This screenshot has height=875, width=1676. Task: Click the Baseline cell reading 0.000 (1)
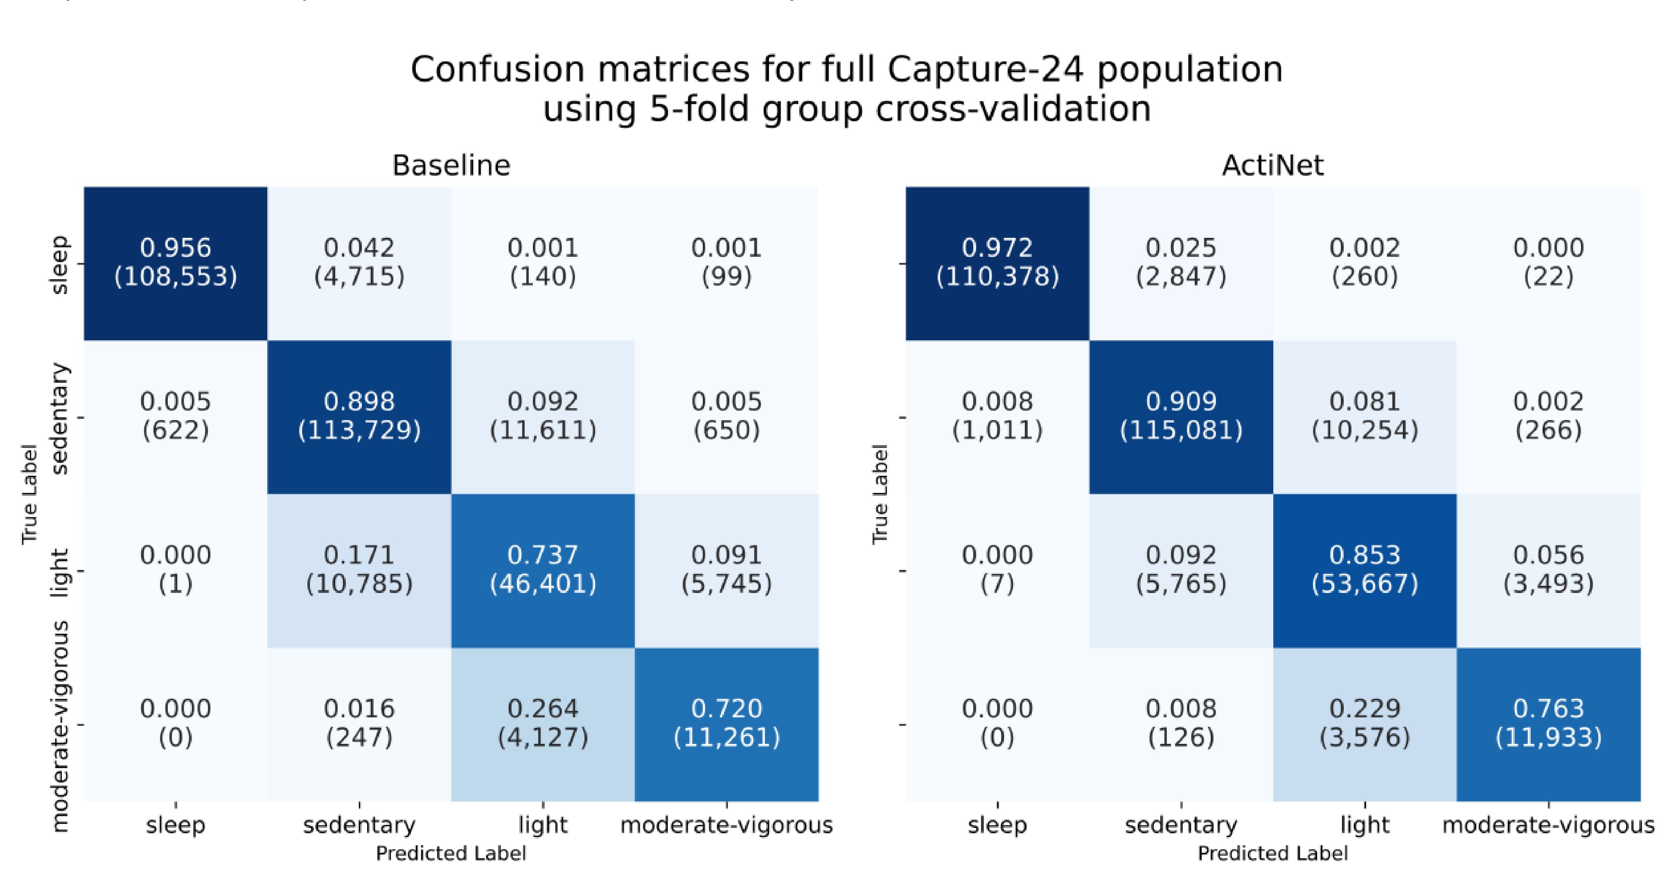tap(176, 570)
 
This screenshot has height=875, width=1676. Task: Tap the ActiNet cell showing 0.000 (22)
tap(1548, 262)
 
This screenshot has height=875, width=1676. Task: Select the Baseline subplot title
tap(451, 165)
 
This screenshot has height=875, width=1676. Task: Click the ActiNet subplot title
tap(1272, 165)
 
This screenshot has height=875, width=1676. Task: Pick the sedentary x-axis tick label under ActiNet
tap(1180, 825)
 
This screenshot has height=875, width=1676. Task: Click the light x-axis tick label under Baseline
tap(543, 825)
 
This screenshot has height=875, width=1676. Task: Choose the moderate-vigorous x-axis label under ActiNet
tap(1548, 825)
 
